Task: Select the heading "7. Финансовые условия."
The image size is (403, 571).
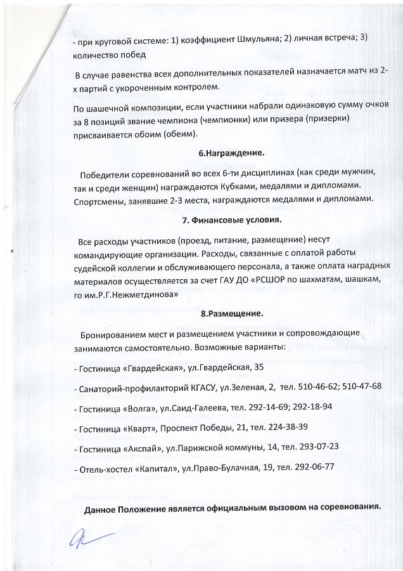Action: (231, 220)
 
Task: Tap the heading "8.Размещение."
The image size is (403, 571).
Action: (231, 313)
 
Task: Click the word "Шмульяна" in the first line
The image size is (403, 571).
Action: (252, 38)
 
